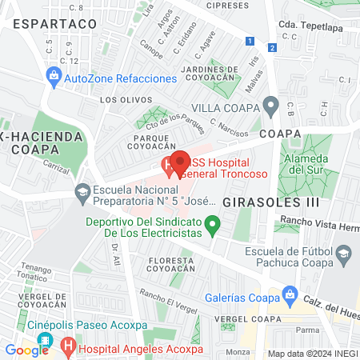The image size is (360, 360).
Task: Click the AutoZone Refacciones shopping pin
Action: pyautogui.click(x=54, y=78)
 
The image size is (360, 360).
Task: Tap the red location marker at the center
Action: pyautogui.click(x=180, y=161)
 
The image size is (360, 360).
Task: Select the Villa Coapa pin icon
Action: pyautogui.click(x=271, y=105)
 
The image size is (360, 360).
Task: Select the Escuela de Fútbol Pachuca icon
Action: pyautogui.click(x=343, y=255)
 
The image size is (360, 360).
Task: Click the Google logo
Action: pyautogui.click(x=26, y=350)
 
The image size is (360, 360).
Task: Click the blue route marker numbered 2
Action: pyautogui.click(x=273, y=47)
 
